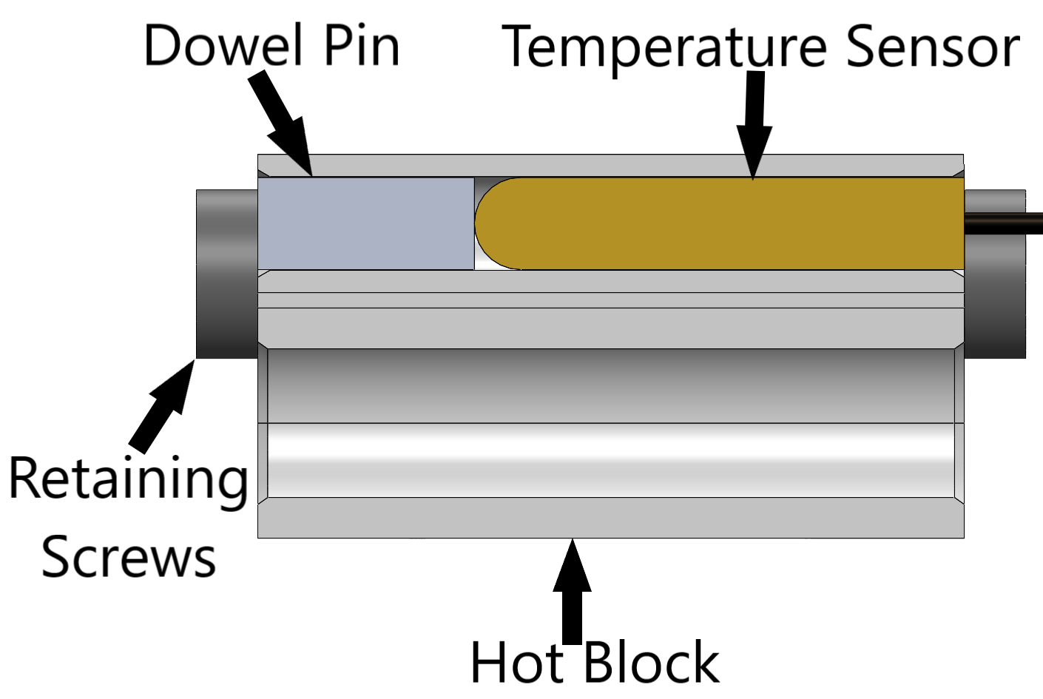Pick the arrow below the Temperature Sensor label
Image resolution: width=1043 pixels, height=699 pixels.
[x=754, y=126]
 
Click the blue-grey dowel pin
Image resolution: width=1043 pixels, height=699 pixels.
[x=365, y=223]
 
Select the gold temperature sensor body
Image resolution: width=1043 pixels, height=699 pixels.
[x=740, y=223]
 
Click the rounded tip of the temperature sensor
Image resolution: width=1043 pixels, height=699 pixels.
[x=491, y=223]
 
